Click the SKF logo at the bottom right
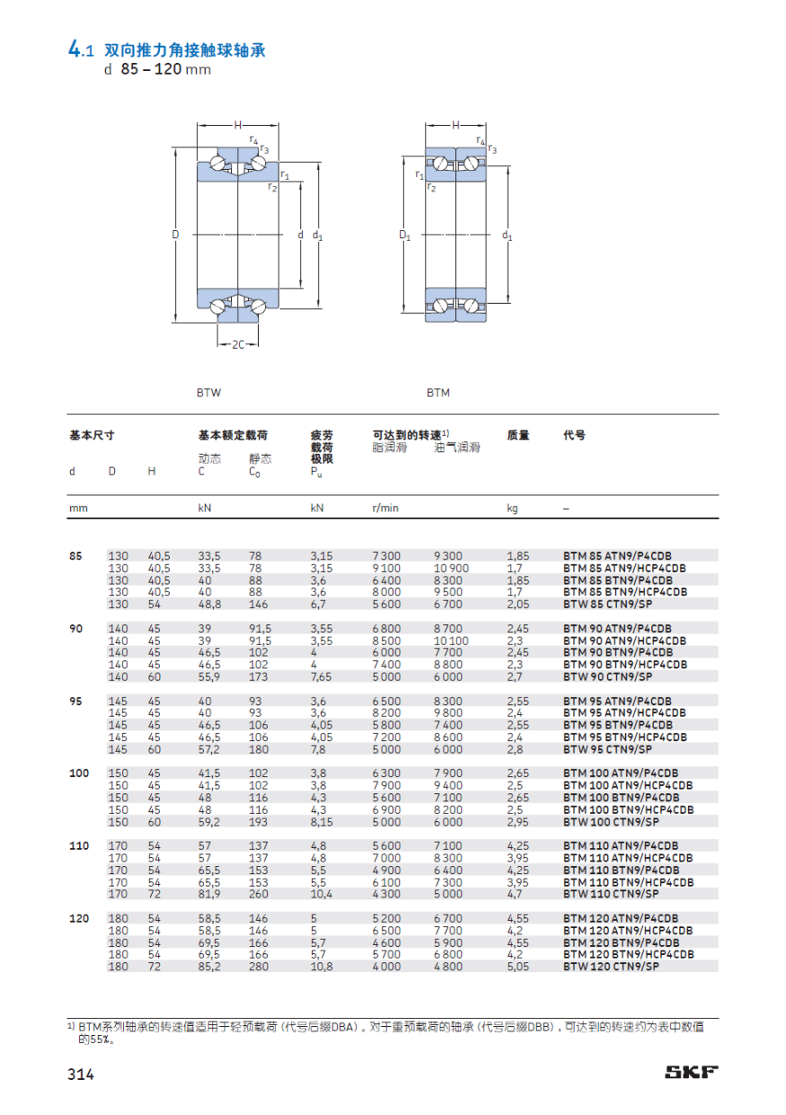(x=691, y=1071)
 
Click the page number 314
(x=80, y=1073)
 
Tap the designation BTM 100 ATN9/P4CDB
(x=621, y=773)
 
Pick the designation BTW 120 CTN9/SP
(x=611, y=967)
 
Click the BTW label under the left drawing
(x=208, y=393)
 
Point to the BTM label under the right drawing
(x=437, y=393)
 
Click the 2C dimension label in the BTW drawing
(x=238, y=344)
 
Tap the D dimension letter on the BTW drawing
(x=176, y=235)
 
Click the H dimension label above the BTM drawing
(x=455, y=125)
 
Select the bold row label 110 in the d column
(x=80, y=845)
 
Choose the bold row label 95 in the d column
(x=76, y=700)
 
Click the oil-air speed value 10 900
(x=451, y=569)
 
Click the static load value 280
(x=259, y=967)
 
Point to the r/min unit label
(x=385, y=508)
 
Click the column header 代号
(x=574, y=435)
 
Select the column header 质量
(x=518, y=435)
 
